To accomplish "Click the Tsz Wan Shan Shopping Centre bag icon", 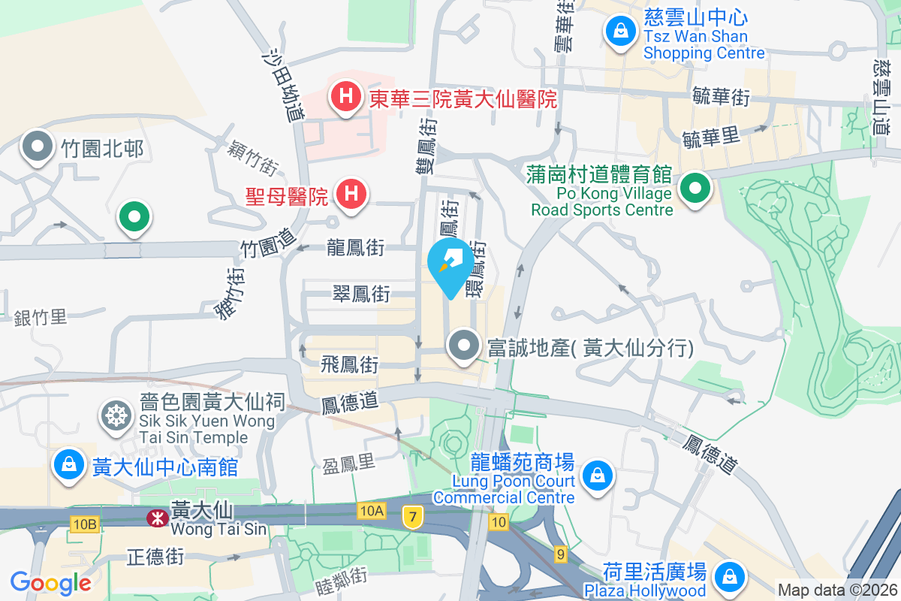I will (620, 32).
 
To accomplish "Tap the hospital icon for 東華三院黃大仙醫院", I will (345, 97).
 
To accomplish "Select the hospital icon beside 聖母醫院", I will (351, 195).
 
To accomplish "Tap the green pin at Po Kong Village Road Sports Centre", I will (696, 188).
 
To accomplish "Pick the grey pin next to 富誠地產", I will (464, 346).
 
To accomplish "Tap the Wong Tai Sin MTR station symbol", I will (157, 517).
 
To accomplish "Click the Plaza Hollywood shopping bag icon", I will (728, 577).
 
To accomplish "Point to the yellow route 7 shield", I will (411, 516).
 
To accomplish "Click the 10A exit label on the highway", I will (371, 511).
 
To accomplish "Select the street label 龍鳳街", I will (356, 247).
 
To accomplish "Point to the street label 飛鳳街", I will (349, 365).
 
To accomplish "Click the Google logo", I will (50, 582).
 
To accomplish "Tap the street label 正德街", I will (155, 557).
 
